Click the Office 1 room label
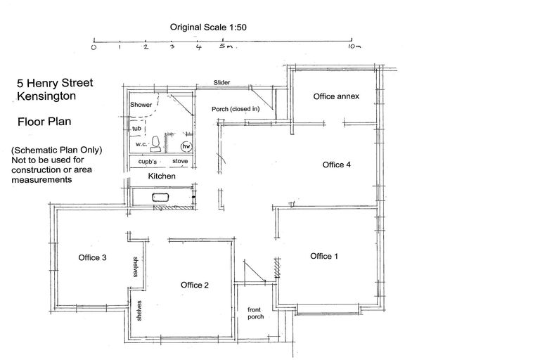[x=324, y=256]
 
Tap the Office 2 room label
[x=195, y=285]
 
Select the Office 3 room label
[x=92, y=257]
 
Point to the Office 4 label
[x=336, y=165]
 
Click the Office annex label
[x=336, y=96]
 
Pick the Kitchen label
[x=161, y=176]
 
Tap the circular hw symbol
[x=186, y=146]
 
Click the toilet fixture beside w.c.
[x=160, y=145]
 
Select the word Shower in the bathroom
[x=141, y=105]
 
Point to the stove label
[x=180, y=161]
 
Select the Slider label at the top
[x=222, y=83]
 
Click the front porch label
[x=255, y=313]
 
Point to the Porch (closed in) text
[x=236, y=109]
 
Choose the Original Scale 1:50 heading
[x=207, y=27]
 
